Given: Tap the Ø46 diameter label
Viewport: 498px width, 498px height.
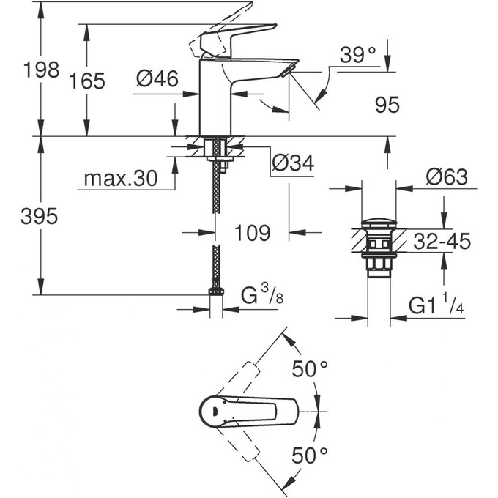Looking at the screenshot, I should tap(157, 79).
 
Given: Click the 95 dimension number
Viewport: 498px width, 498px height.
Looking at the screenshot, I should tap(387, 105).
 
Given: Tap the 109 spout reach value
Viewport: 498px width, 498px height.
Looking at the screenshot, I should tap(253, 233).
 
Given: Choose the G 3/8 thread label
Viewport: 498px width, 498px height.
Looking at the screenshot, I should tap(261, 296).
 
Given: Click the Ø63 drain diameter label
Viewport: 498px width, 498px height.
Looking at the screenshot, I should tap(446, 177).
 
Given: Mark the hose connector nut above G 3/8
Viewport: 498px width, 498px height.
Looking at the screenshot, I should tap(215, 291).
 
